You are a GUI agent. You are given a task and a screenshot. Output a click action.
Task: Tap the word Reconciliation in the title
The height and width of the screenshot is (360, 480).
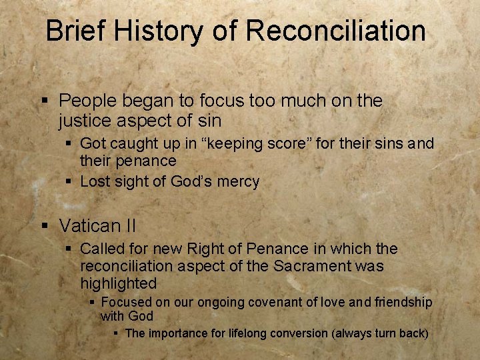pyautogui.click(x=335, y=31)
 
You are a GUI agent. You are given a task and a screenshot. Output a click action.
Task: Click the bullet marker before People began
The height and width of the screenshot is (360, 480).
pyautogui.click(x=45, y=101)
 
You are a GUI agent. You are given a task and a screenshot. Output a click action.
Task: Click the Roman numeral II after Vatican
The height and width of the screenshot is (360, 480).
pyautogui.click(x=129, y=226)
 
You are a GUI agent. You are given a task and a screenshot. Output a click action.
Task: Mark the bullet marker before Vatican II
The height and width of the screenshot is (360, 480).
pyautogui.click(x=45, y=226)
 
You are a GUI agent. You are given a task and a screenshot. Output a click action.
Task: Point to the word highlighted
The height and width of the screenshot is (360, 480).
pyautogui.click(x=118, y=283)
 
